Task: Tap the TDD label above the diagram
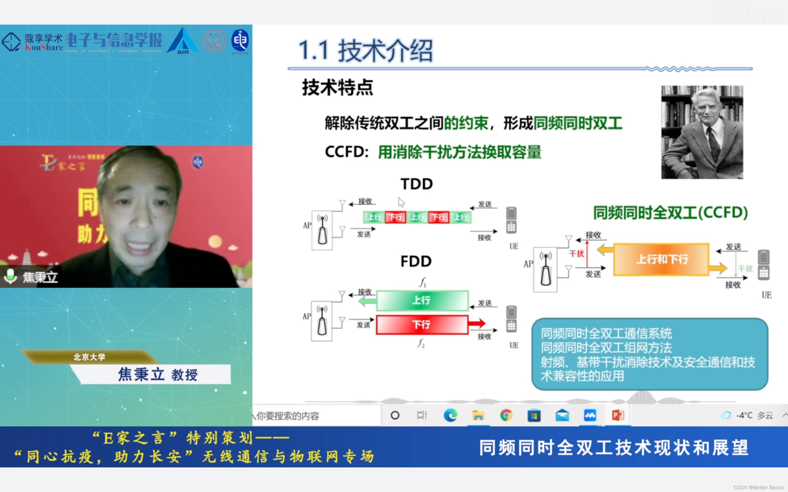pyautogui.click(x=416, y=184)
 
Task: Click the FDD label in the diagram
pyautogui.click(x=416, y=261)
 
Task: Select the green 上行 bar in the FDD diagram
pyautogui.click(x=422, y=300)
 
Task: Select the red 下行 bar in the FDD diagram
pyautogui.click(x=422, y=324)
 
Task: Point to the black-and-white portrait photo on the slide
pyautogui.click(x=702, y=132)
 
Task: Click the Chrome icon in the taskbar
pyautogui.click(x=506, y=415)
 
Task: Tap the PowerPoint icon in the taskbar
pyautogui.click(x=618, y=415)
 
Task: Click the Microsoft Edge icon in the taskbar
pyautogui.click(x=450, y=415)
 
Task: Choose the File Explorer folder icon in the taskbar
pyautogui.click(x=478, y=415)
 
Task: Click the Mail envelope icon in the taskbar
pyautogui.click(x=562, y=415)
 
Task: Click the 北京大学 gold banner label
pyautogui.click(x=89, y=357)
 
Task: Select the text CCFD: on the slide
pyautogui.click(x=346, y=152)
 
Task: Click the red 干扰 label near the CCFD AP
pyautogui.click(x=576, y=253)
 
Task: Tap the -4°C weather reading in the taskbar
pyautogui.click(x=744, y=415)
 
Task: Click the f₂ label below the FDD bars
pyautogui.click(x=421, y=343)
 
